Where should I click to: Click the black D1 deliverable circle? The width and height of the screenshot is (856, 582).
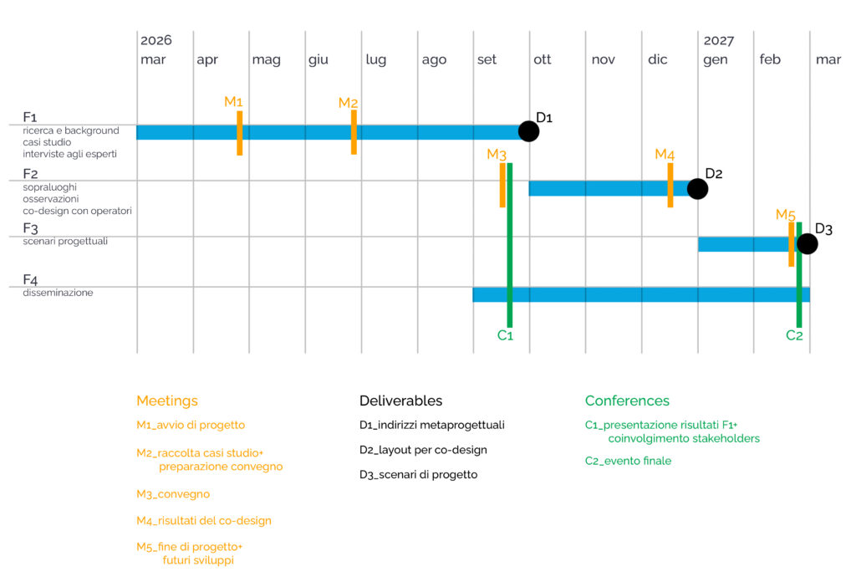(528, 131)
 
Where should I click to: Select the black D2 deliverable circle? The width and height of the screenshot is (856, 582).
(697, 189)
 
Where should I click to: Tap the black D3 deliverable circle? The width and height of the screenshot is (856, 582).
(807, 243)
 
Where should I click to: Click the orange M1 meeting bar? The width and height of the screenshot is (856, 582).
(240, 133)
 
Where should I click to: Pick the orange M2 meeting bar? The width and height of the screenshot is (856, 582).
(354, 132)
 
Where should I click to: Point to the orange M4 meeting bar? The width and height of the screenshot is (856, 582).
(670, 185)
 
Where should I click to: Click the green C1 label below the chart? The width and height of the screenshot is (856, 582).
(505, 335)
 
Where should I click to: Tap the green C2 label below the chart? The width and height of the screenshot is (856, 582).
(794, 335)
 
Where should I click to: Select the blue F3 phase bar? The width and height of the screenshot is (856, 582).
(747, 244)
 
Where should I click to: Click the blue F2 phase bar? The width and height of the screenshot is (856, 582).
(610, 188)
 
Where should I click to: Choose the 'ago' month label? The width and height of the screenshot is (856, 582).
(434, 59)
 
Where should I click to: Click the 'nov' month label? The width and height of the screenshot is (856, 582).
(604, 59)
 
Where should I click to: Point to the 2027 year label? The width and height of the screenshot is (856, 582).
(718, 40)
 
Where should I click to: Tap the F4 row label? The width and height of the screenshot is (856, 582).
(30, 279)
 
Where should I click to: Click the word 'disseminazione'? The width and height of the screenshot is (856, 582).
(58, 293)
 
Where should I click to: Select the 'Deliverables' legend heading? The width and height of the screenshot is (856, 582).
(400, 401)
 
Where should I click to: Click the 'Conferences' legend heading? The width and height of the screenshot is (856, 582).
(627, 401)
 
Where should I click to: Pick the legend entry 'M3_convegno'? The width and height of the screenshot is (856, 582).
(173, 494)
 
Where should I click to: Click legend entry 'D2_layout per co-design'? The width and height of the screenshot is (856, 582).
(423, 450)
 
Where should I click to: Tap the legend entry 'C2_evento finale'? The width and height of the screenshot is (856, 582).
(628, 461)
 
